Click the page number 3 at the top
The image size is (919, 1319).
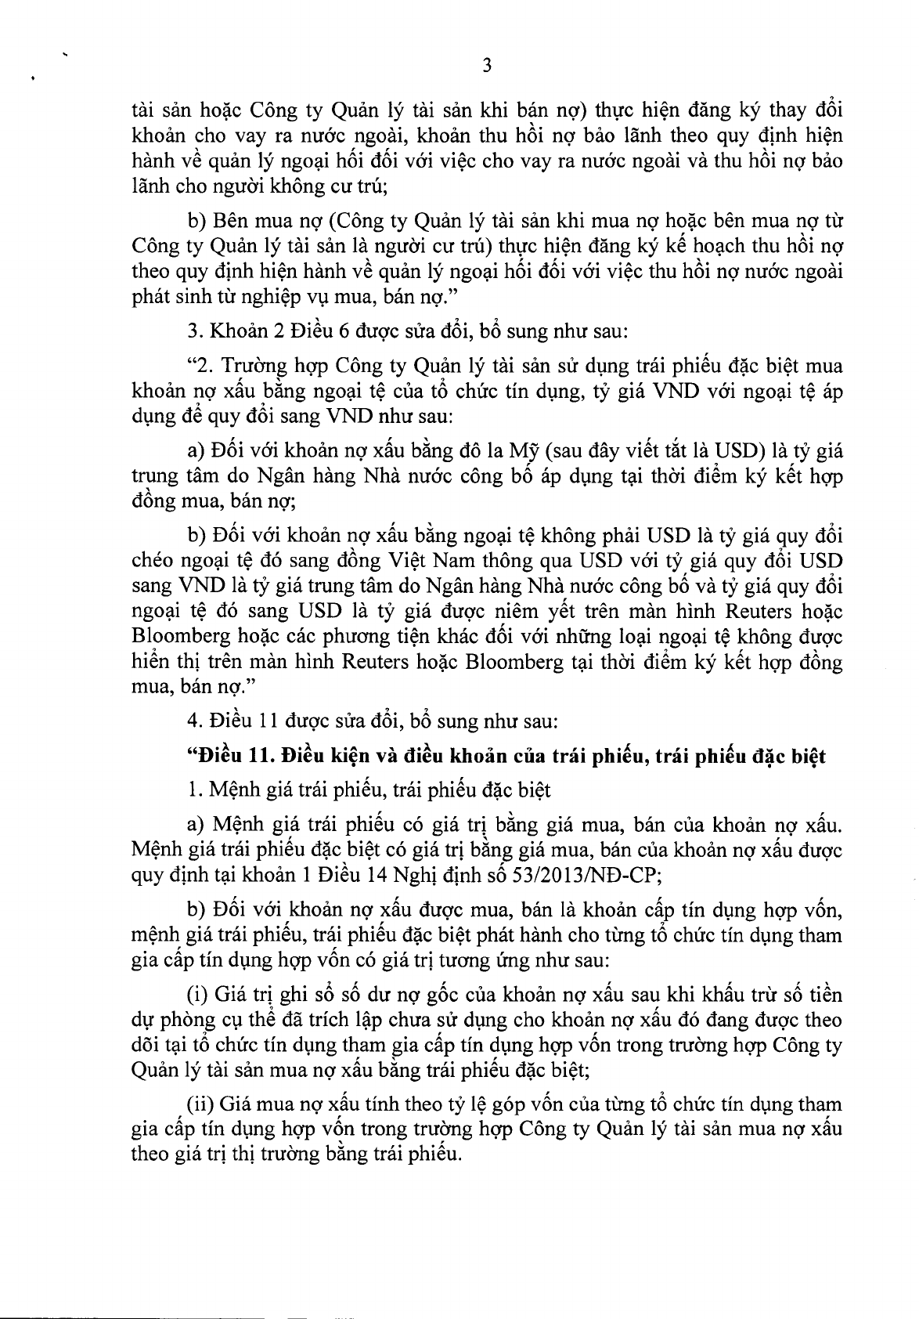(486, 67)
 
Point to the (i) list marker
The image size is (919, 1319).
(195, 996)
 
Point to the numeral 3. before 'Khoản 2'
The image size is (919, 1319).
(193, 331)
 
